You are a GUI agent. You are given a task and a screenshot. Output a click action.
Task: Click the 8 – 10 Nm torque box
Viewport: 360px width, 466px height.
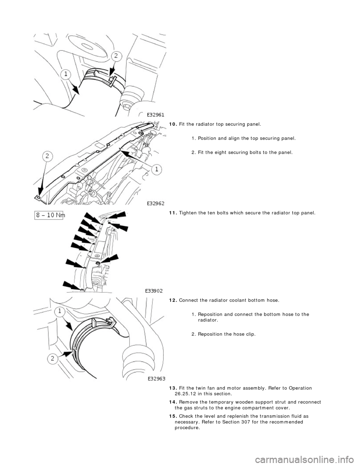point(49,217)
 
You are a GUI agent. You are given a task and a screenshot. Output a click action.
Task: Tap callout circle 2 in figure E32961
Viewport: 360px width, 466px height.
point(116,56)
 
